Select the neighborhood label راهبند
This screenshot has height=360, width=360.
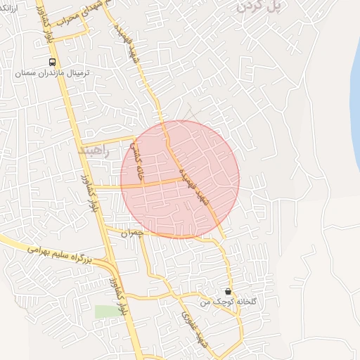(93, 150)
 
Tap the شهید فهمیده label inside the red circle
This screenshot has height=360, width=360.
(194, 184)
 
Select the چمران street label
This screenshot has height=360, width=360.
(131, 233)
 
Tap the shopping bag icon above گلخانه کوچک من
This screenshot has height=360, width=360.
(227, 290)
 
